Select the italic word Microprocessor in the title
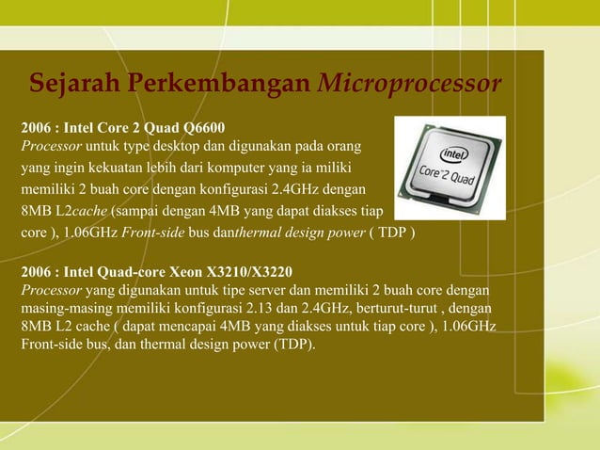click(410, 85)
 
